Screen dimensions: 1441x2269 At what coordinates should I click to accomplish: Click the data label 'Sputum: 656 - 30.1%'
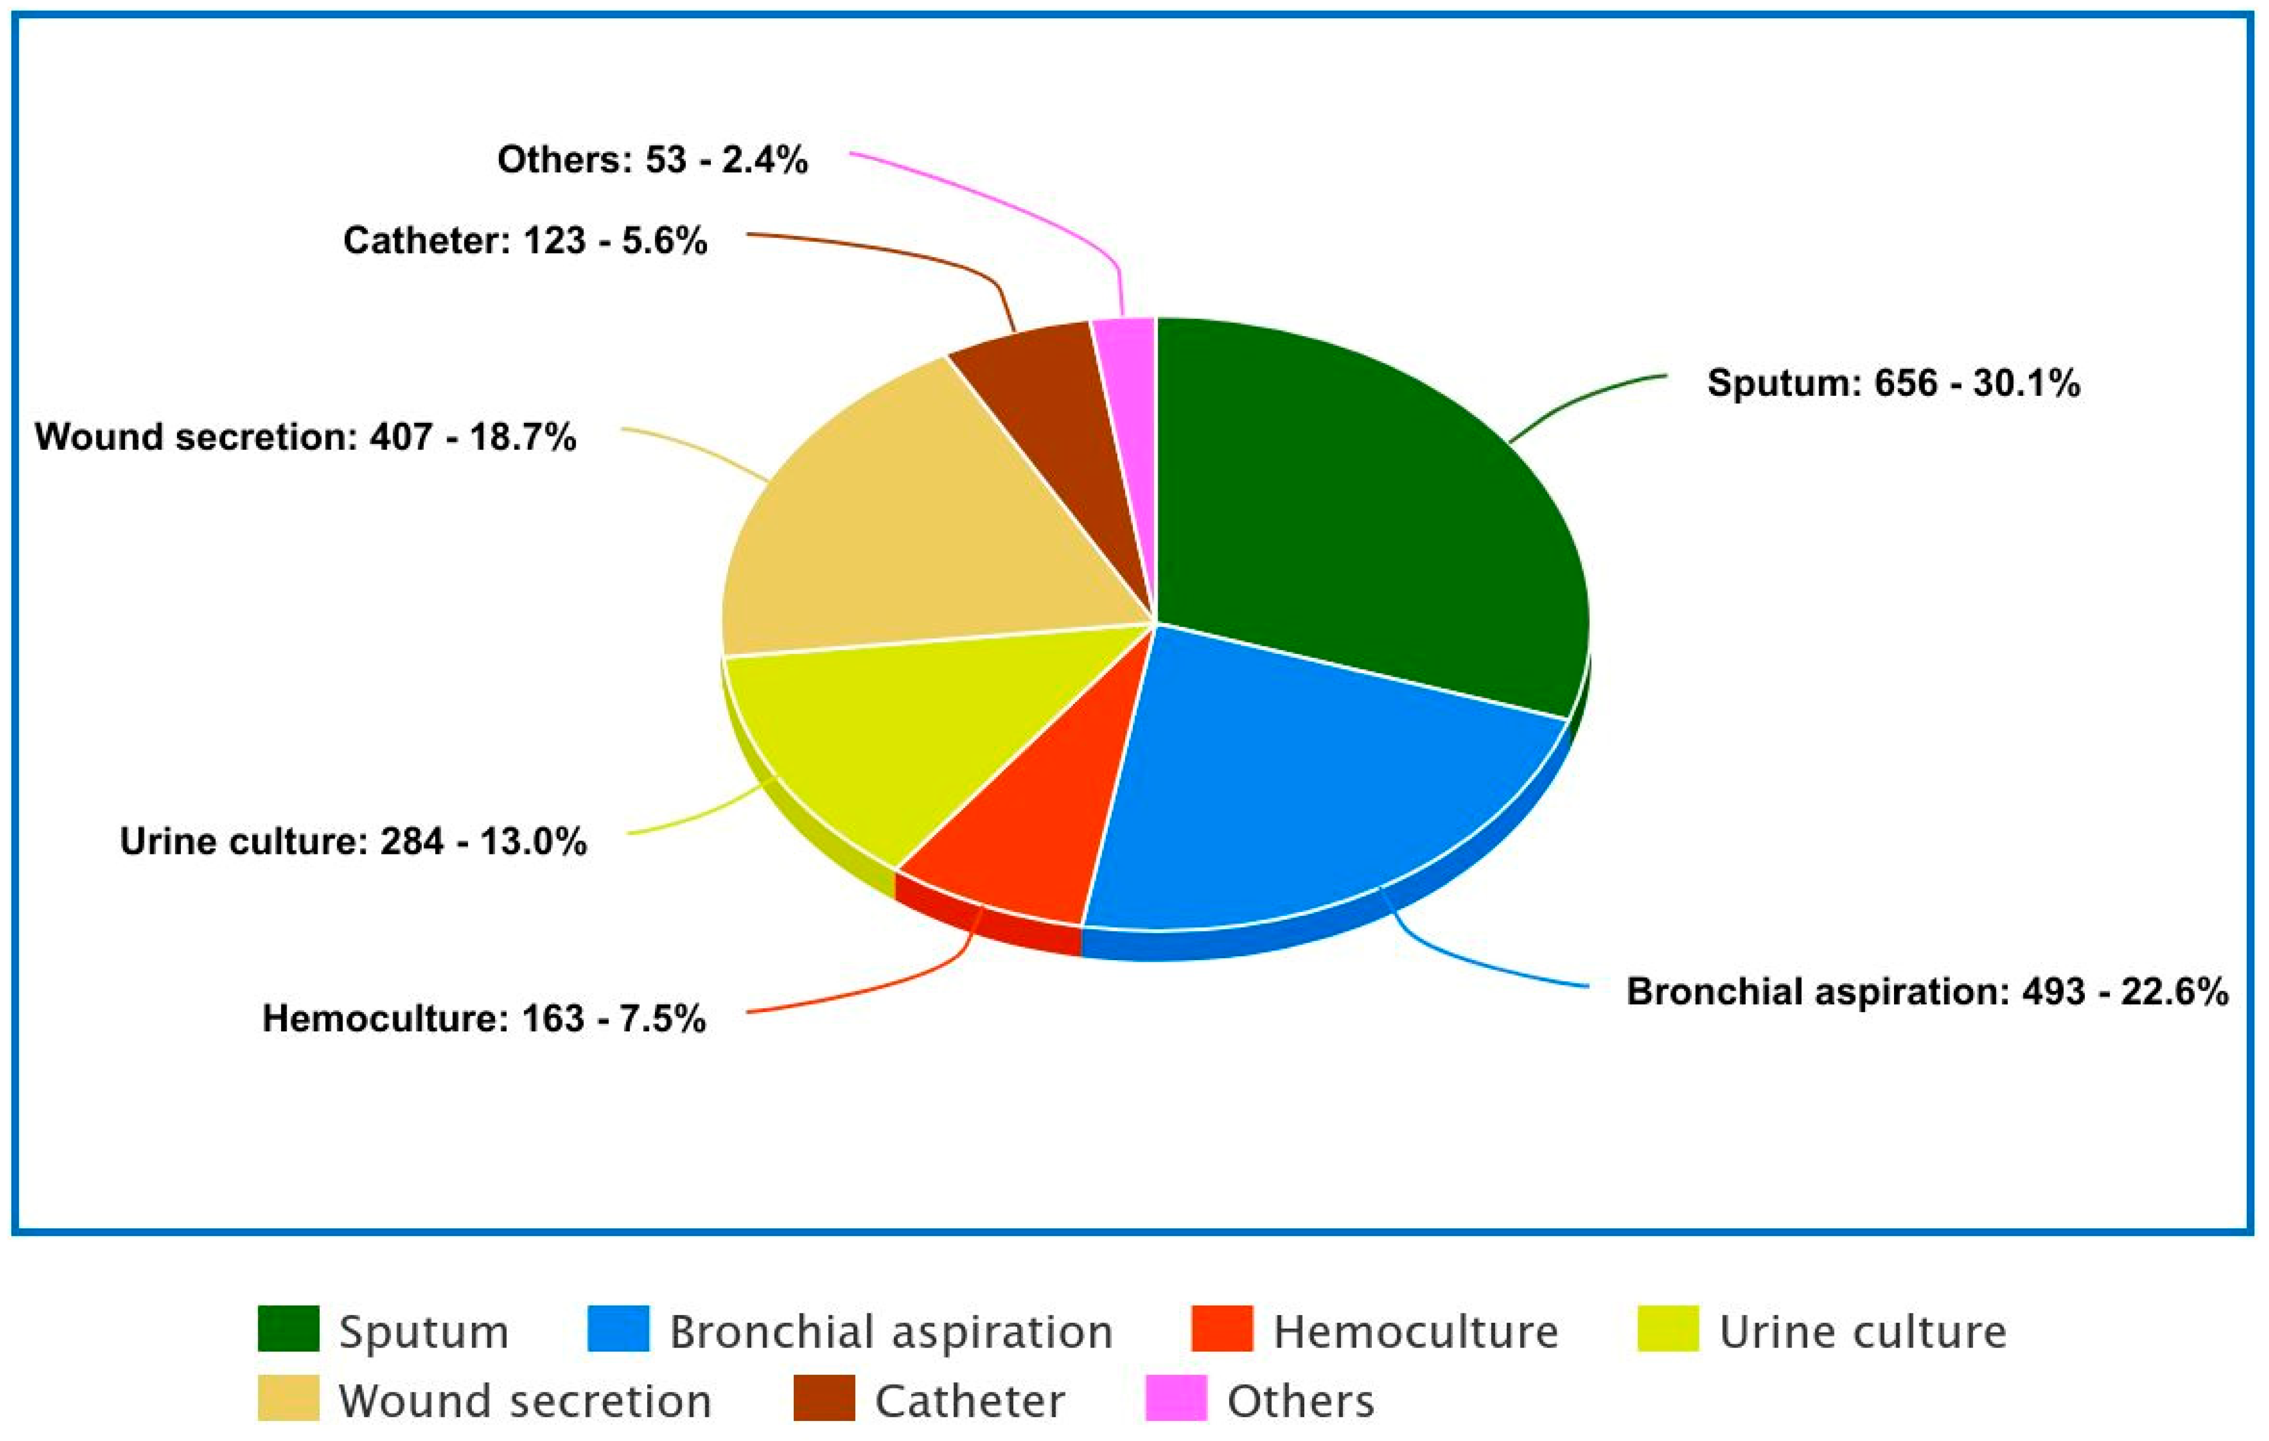click(x=1893, y=383)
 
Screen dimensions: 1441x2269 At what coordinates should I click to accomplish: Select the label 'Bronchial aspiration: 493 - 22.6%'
click(x=1927, y=992)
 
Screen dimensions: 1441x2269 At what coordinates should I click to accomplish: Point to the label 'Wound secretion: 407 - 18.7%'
click(x=305, y=437)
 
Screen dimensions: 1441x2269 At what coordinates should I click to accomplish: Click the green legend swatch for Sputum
click(x=288, y=1329)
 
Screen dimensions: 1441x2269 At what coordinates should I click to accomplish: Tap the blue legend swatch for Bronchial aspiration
click(x=618, y=1329)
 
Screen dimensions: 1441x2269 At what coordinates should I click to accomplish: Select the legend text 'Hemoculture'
click(x=1415, y=1332)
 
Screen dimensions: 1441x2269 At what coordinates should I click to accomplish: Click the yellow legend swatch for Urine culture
click(x=1668, y=1329)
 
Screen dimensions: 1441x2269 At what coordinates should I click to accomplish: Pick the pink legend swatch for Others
click(x=1176, y=1398)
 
